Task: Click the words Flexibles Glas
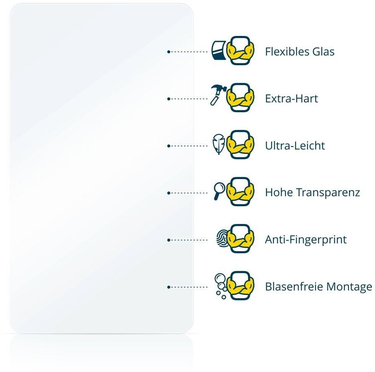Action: coord(300,52)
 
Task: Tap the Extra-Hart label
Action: coord(291,99)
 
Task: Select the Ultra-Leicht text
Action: coord(295,146)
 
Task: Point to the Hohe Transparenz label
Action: coord(312,193)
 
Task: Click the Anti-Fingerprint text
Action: coord(306,240)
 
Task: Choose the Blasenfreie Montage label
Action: coord(318,287)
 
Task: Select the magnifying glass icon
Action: coord(218,190)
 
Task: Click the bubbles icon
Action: coord(220,285)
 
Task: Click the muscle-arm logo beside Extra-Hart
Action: coord(241,97)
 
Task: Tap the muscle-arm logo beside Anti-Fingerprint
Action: coord(241,239)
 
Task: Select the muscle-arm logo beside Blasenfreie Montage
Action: coord(241,286)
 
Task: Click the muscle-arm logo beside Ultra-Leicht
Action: coord(241,145)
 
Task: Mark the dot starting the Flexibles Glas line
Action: coord(168,52)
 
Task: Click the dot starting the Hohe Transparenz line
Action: coord(168,193)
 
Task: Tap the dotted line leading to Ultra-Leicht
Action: coord(188,146)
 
